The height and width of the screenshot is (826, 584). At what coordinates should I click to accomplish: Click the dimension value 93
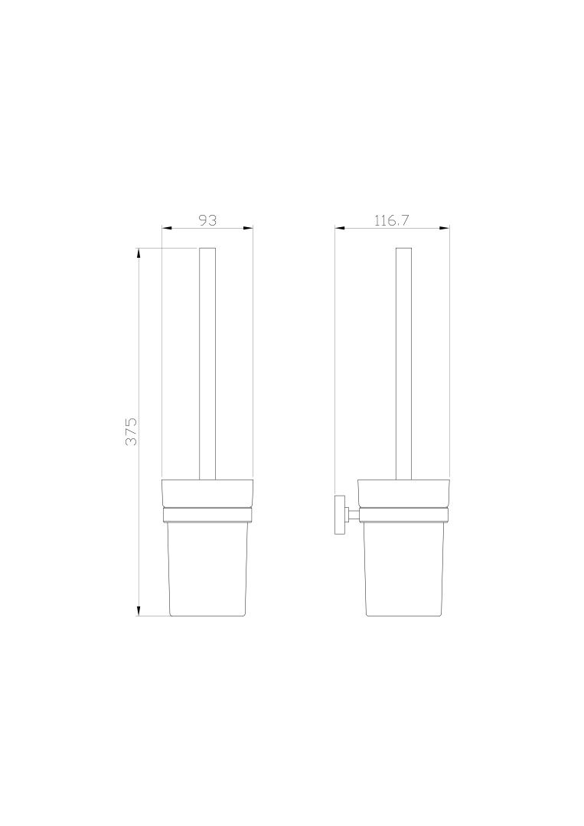pos(207,220)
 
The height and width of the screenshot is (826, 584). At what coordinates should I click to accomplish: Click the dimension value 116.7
pos(392,220)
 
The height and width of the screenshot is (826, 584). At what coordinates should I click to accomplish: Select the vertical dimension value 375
pos(131,431)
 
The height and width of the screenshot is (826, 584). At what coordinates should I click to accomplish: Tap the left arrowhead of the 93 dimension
pos(167,228)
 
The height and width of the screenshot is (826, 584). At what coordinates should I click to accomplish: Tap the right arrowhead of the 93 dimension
pos(248,228)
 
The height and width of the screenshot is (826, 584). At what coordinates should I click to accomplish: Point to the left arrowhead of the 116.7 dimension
pos(341,228)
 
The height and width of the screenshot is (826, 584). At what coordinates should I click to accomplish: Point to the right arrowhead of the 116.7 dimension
pos(444,228)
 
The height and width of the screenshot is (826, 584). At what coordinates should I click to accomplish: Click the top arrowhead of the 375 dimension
pos(139,253)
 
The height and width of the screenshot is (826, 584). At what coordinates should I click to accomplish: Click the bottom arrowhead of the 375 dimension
pos(139,610)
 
